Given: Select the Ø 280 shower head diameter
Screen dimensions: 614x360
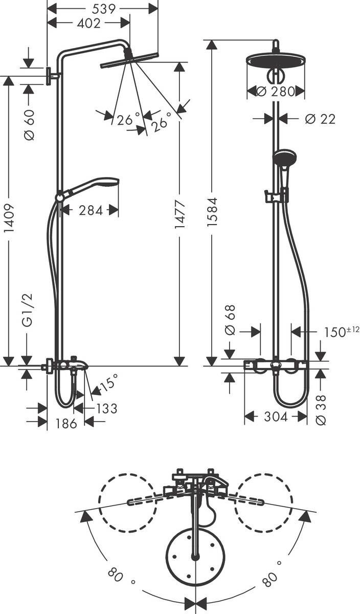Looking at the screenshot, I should [276, 92].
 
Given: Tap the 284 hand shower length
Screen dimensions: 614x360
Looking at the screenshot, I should [91, 210].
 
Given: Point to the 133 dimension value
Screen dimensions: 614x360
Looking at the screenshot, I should [106, 408].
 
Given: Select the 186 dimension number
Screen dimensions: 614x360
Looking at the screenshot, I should [66, 423].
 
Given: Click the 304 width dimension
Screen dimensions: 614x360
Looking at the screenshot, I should [276, 417].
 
